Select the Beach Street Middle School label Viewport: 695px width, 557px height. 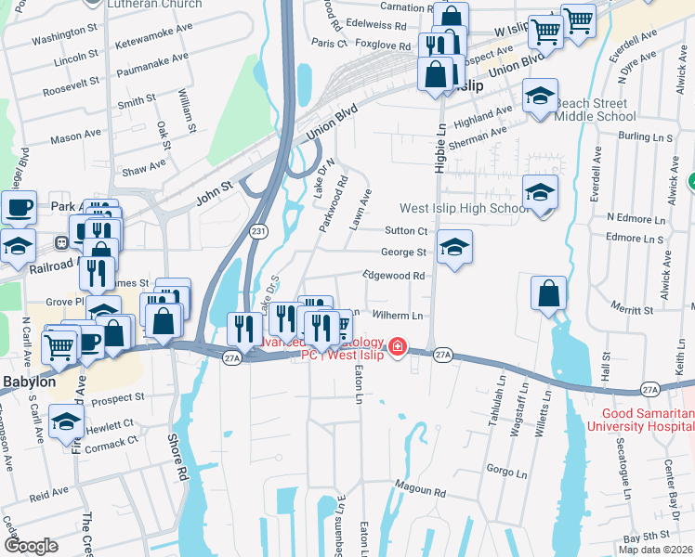(x=596, y=110)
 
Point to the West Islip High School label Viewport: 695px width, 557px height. (x=465, y=209)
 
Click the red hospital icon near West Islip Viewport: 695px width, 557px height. (x=399, y=346)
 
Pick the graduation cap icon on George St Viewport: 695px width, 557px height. (x=453, y=247)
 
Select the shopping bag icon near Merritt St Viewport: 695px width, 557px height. (x=549, y=293)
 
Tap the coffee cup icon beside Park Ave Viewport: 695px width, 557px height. (x=19, y=206)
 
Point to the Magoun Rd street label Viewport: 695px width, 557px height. (x=420, y=489)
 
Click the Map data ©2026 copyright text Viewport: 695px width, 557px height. (x=655, y=550)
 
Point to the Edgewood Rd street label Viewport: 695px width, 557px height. (x=394, y=276)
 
